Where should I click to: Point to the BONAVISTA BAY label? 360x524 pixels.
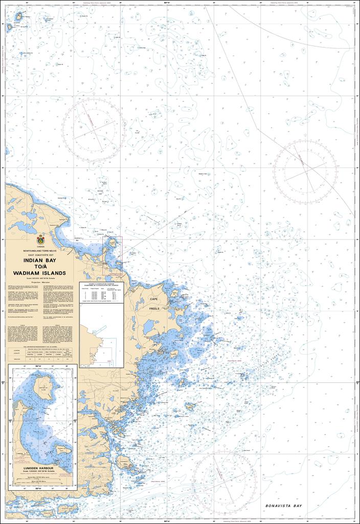pos(284,506)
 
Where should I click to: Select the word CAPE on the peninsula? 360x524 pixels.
pos(154,299)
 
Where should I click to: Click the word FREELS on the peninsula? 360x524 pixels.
pos(154,309)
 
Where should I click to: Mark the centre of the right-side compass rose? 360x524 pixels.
pos(305,171)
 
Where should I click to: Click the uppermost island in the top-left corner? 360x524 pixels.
pos(19,16)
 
